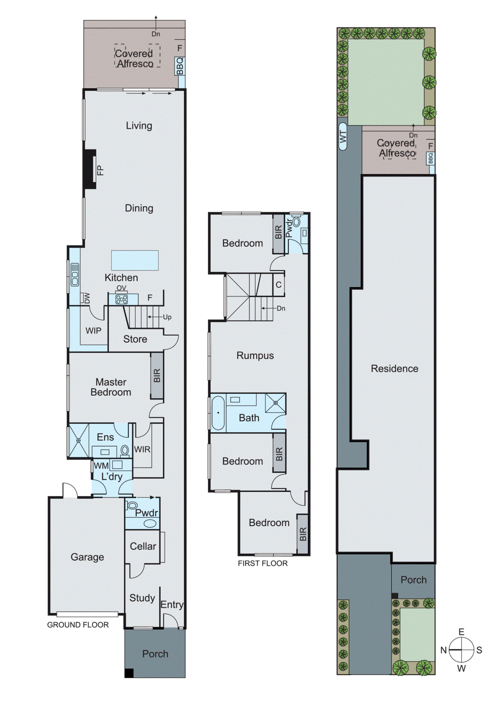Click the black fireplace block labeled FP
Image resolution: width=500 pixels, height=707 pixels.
click(90, 169)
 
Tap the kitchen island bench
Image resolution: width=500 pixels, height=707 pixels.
click(135, 260)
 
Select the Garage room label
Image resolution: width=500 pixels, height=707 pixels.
click(87, 557)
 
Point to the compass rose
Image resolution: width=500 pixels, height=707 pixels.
click(461, 650)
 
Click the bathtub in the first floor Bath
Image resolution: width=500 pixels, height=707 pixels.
click(218, 413)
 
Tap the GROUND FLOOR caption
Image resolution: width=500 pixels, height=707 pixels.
click(78, 625)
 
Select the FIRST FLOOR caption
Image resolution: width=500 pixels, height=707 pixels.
click(263, 563)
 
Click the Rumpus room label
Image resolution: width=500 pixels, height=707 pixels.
click(255, 356)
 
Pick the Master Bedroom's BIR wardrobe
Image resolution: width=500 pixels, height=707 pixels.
click(157, 375)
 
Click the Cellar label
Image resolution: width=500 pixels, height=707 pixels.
click(143, 546)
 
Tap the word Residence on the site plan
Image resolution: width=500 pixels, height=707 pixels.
click(394, 369)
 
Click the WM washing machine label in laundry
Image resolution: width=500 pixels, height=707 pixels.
click(101, 466)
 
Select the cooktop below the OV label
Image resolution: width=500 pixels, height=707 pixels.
click(122, 300)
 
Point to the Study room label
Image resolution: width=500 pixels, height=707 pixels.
click(142, 598)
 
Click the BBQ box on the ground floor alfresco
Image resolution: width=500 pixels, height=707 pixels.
click(179, 66)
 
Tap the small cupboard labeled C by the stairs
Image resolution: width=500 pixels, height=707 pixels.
click(279, 285)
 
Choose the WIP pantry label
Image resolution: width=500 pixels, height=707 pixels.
click(93, 331)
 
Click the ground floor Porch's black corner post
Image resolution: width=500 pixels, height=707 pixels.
click(129, 673)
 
